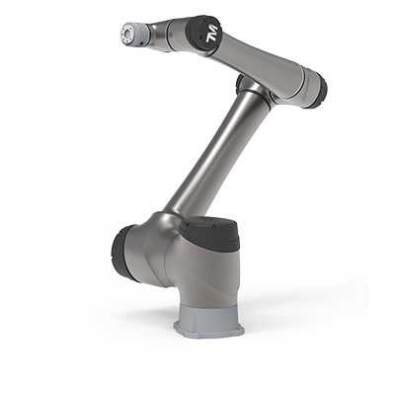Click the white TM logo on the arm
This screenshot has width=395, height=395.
tap(211, 34)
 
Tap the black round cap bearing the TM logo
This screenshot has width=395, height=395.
tap(204, 33)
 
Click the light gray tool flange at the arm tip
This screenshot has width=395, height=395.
tap(133, 34)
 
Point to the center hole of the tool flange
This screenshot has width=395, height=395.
tap(126, 33)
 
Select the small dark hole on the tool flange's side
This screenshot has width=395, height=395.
tap(141, 42)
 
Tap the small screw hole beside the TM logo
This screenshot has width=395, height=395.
tap(200, 34)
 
